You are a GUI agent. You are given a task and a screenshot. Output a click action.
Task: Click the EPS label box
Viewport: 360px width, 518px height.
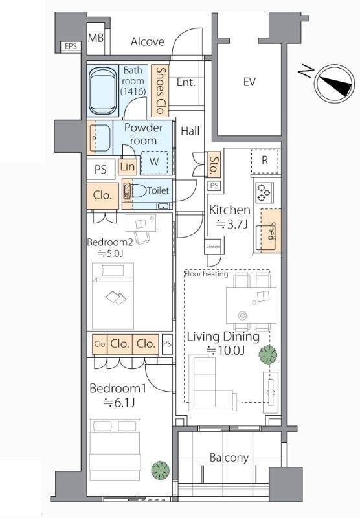71,46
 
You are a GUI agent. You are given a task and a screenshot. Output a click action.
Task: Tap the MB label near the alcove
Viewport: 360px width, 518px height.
96,38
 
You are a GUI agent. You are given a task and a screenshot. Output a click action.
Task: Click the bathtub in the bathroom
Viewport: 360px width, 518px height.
102,90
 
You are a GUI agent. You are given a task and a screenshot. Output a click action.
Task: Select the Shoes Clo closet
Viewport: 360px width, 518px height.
160,90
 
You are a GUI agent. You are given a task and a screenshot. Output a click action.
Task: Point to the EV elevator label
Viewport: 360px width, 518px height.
249,82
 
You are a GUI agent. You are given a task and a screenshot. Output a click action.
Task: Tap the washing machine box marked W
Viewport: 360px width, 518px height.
154,163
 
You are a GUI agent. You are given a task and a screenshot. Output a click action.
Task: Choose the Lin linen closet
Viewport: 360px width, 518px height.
127,167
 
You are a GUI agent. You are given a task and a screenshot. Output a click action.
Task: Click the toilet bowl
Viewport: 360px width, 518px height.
139,190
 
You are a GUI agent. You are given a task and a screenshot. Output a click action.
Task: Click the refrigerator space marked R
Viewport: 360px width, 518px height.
265,161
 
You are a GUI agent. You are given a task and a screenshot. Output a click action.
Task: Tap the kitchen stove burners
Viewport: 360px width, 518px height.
264,192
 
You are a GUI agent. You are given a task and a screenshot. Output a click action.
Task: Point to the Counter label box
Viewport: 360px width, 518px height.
214,247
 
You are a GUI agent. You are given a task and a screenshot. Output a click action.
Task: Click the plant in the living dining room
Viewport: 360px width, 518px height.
268,354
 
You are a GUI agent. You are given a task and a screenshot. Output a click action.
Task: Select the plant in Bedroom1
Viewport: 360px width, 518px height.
161,470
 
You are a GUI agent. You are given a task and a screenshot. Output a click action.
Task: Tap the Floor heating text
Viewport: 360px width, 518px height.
206,274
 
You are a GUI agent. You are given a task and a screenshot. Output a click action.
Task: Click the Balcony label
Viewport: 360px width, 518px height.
229,458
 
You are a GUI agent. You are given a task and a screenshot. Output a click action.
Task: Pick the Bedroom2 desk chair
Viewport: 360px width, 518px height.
142,237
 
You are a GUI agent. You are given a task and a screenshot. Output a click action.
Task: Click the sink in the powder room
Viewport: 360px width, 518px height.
100,137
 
